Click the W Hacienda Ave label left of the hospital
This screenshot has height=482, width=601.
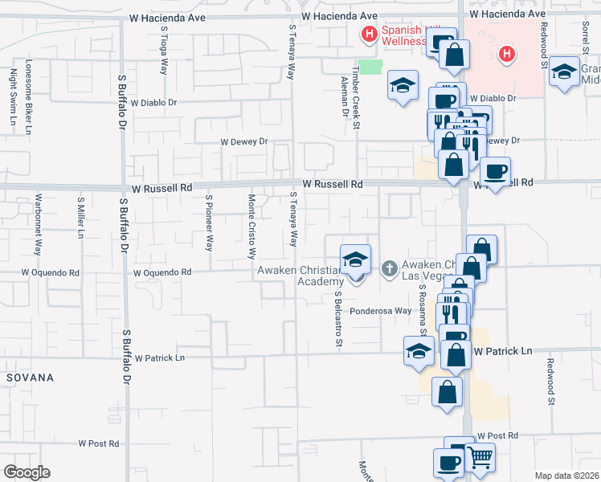click(x=339, y=16)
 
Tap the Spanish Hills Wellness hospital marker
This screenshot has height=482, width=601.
click(x=369, y=34)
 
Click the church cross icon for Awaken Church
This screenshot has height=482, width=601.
click(x=390, y=268)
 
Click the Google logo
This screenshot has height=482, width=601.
click(x=27, y=472)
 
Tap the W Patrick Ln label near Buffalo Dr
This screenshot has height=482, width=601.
click(x=160, y=357)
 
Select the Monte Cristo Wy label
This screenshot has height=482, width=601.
click(x=251, y=226)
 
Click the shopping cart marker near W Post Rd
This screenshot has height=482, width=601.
click(x=480, y=458)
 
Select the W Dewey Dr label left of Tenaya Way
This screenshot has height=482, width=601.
click(x=243, y=141)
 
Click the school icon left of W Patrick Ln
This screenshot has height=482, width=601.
click(x=419, y=351)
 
